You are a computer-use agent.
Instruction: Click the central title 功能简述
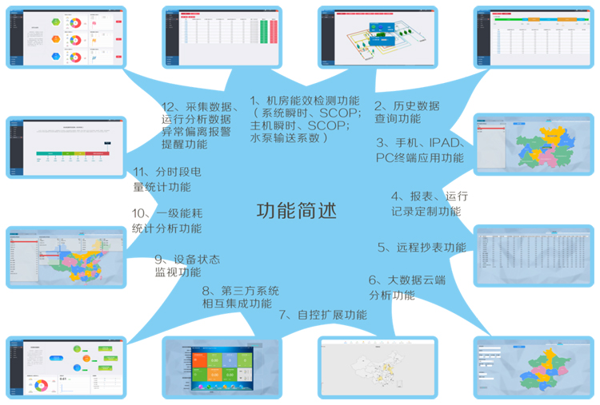[296, 211]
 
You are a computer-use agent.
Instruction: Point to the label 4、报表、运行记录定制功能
[429, 204]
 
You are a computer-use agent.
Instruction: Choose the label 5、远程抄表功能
[422, 248]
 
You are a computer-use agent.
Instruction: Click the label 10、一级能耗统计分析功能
[166, 221]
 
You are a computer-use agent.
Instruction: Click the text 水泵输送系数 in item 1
[286, 137]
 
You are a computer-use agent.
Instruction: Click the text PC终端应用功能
[419, 157]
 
